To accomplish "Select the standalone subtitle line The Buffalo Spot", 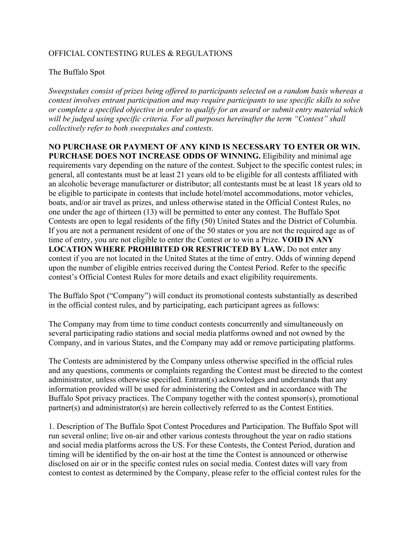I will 77,72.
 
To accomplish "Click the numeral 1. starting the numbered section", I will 51,426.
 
